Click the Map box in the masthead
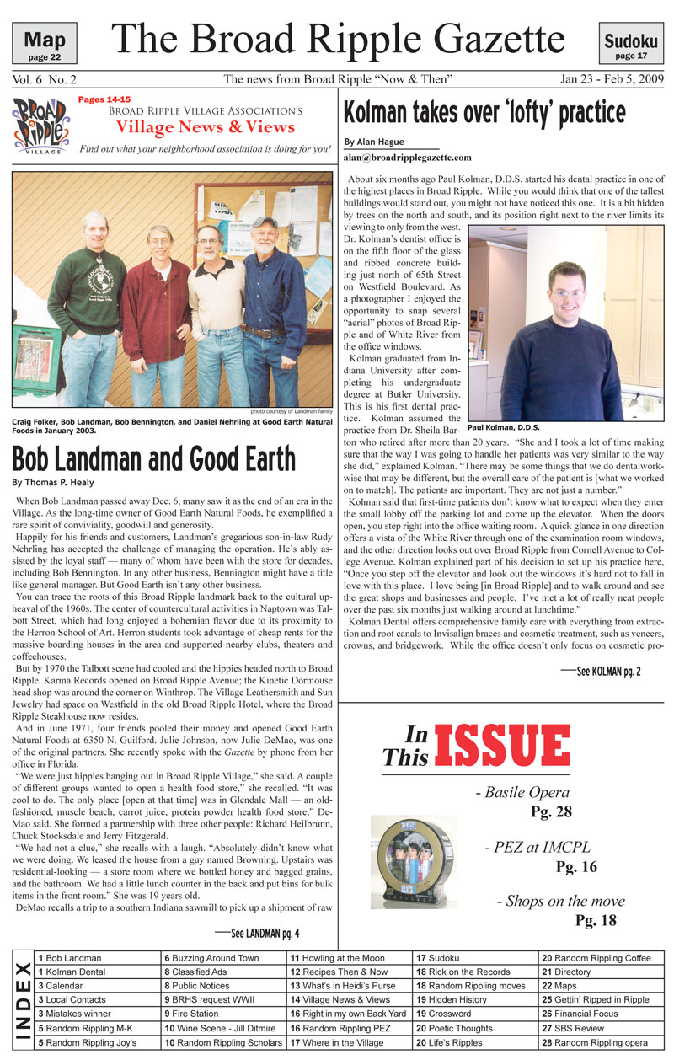[x=44, y=41]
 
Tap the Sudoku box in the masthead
[x=630, y=43]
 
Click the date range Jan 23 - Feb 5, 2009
[x=612, y=79]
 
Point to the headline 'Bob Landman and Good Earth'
[x=153, y=459]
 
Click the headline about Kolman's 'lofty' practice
[x=484, y=111]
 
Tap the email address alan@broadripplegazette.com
[x=407, y=158]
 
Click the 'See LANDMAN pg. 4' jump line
[x=257, y=932]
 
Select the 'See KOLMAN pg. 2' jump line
[x=601, y=671]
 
